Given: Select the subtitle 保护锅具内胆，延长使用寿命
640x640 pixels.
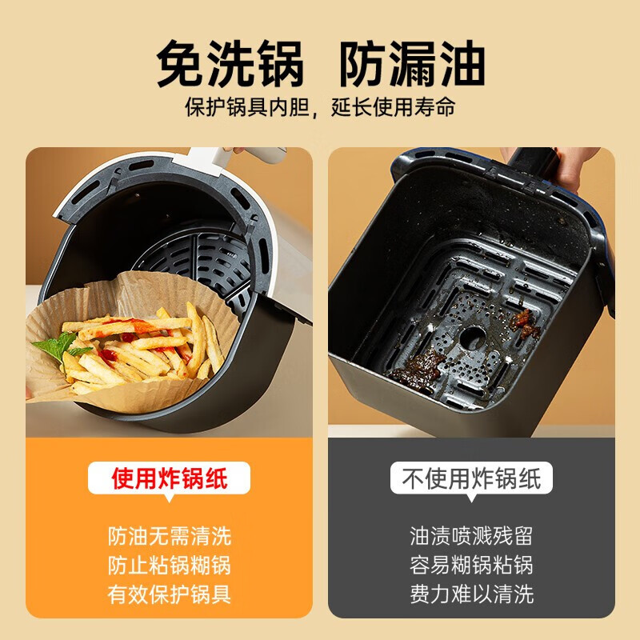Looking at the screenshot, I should pyautogui.click(x=320, y=107).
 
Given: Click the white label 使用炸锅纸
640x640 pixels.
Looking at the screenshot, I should pyautogui.click(x=169, y=478).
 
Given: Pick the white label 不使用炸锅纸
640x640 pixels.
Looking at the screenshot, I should pyautogui.click(x=470, y=478).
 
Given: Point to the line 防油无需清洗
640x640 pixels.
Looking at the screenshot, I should pyautogui.click(x=169, y=535).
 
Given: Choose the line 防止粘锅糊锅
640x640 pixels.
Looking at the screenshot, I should pyautogui.click(x=169, y=565).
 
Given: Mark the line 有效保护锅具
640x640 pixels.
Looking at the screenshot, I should pyautogui.click(x=169, y=594).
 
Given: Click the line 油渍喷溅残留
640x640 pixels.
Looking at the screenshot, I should pyautogui.click(x=470, y=535).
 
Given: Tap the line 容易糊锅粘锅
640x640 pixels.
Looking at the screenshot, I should pyautogui.click(x=470, y=565).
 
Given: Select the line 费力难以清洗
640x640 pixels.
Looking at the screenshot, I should pyautogui.click(x=470, y=594).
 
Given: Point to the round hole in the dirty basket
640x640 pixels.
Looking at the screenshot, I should pyautogui.click(x=473, y=337).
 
